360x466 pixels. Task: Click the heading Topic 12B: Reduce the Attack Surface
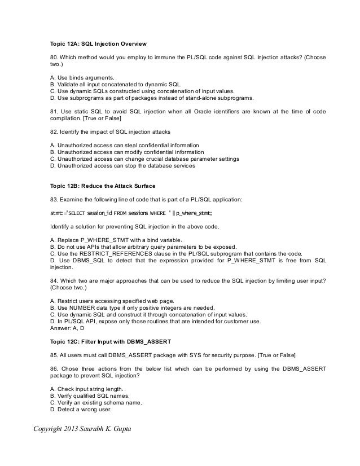point(103,186)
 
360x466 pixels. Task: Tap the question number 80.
point(54,58)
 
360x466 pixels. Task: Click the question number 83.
point(54,199)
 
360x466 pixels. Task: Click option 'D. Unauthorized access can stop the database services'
point(123,166)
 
